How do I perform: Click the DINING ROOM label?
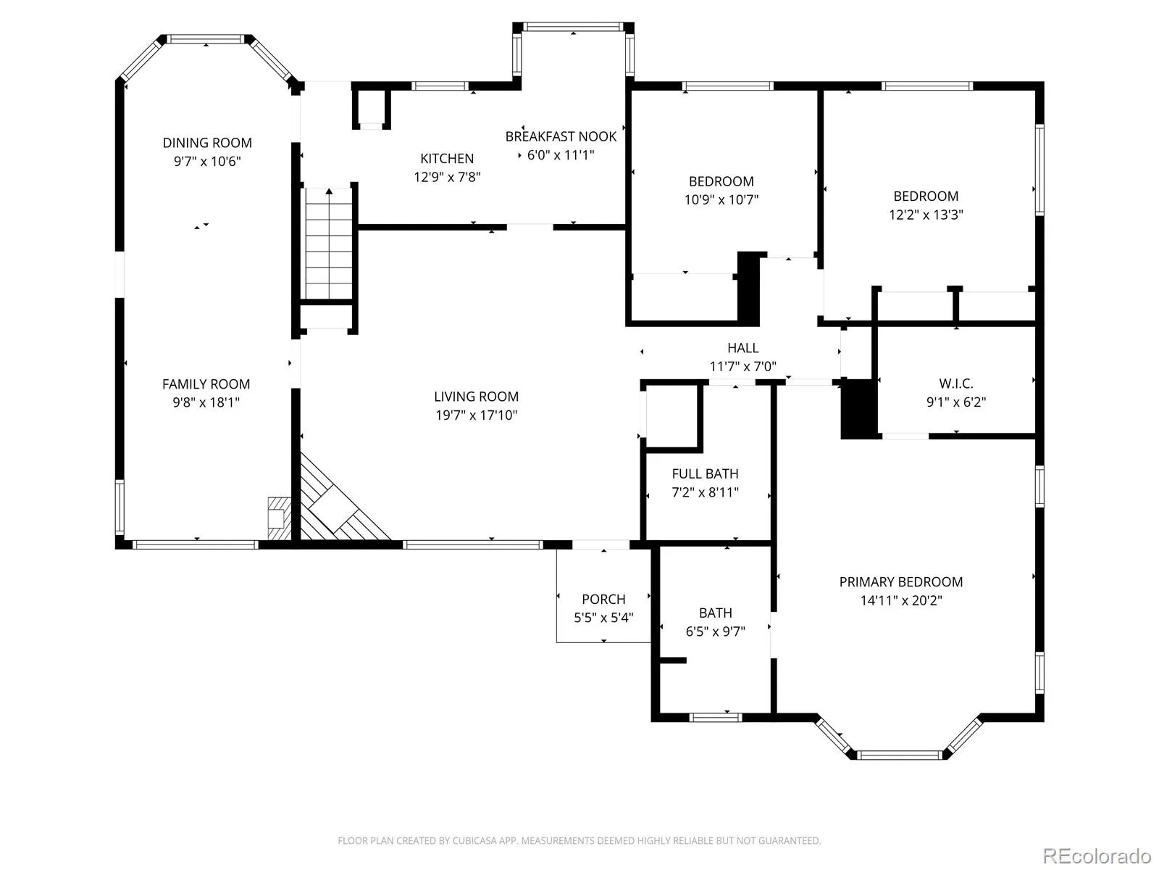pyautogui.click(x=207, y=143)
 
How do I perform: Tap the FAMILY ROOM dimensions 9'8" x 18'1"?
pyautogui.click(x=206, y=402)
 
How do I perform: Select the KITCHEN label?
pyautogui.click(x=447, y=159)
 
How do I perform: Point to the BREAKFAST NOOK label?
pyautogui.click(x=561, y=136)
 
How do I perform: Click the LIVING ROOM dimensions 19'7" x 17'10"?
pyautogui.click(x=476, y=415)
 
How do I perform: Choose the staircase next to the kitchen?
pyautogui.click(x=328, y=244)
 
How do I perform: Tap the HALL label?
pyautogui.click(x=743, y=347)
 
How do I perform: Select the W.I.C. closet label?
pyautogui.click(x=955, y=384)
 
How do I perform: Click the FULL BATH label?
pyautogui.click(x=705, y=474)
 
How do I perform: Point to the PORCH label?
pyautogui.click(x=603, y=599)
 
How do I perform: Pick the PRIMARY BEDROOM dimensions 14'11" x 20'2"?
pyautogui.click(x=901, y=600)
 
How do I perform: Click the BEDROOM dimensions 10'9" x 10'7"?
pyautogui.click(x=721, y=199)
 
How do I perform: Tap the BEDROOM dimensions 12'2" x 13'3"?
pyautogui.click(x=926, y=215)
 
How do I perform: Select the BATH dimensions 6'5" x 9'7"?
pyautogui.click(x=715, y=631)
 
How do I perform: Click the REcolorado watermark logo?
pyautogui.click(x=1097, y=855)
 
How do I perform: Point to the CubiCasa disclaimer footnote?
pyautogui.click(x=579, y=840)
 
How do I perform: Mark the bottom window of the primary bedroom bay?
pyautogui.click(x=899, y=755)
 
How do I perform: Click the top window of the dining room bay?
pyautogui.click(x=206, y=39)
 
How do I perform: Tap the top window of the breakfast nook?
pyautogui.click(x=573, y=27)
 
